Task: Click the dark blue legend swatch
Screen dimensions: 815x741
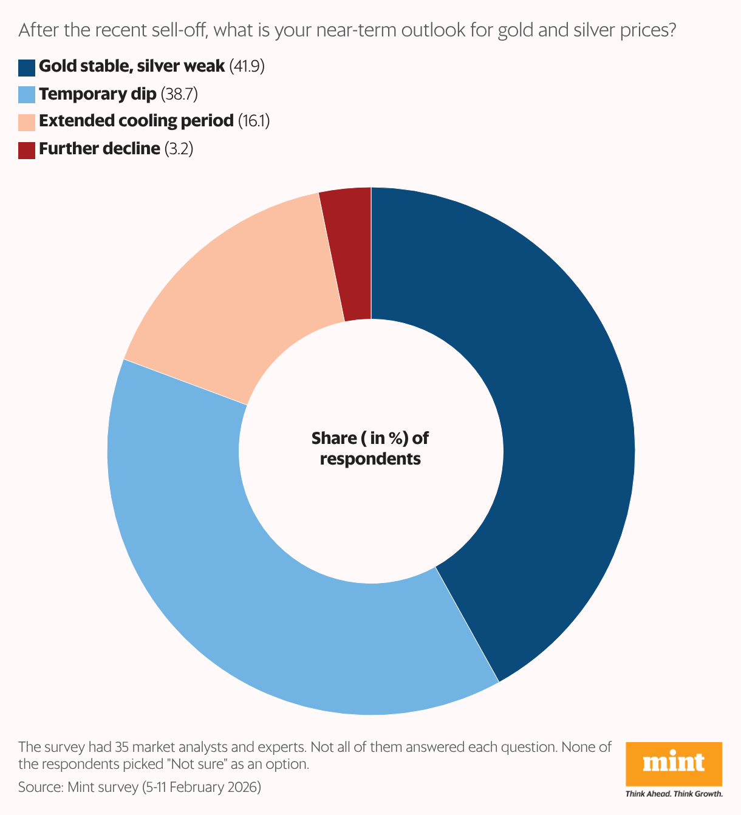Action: click(x=27, y=67)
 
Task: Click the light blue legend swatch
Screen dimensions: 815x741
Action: click(x=27, y=95)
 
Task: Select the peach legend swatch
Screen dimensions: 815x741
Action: click(x=27, y=122)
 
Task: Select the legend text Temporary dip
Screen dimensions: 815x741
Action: click(x=97, y=94)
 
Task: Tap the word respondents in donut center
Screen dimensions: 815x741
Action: click(x=370, y=459)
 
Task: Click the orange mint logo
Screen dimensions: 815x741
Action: click(x=674, y=763)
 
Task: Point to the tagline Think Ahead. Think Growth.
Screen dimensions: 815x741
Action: click(x=674, y=794)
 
